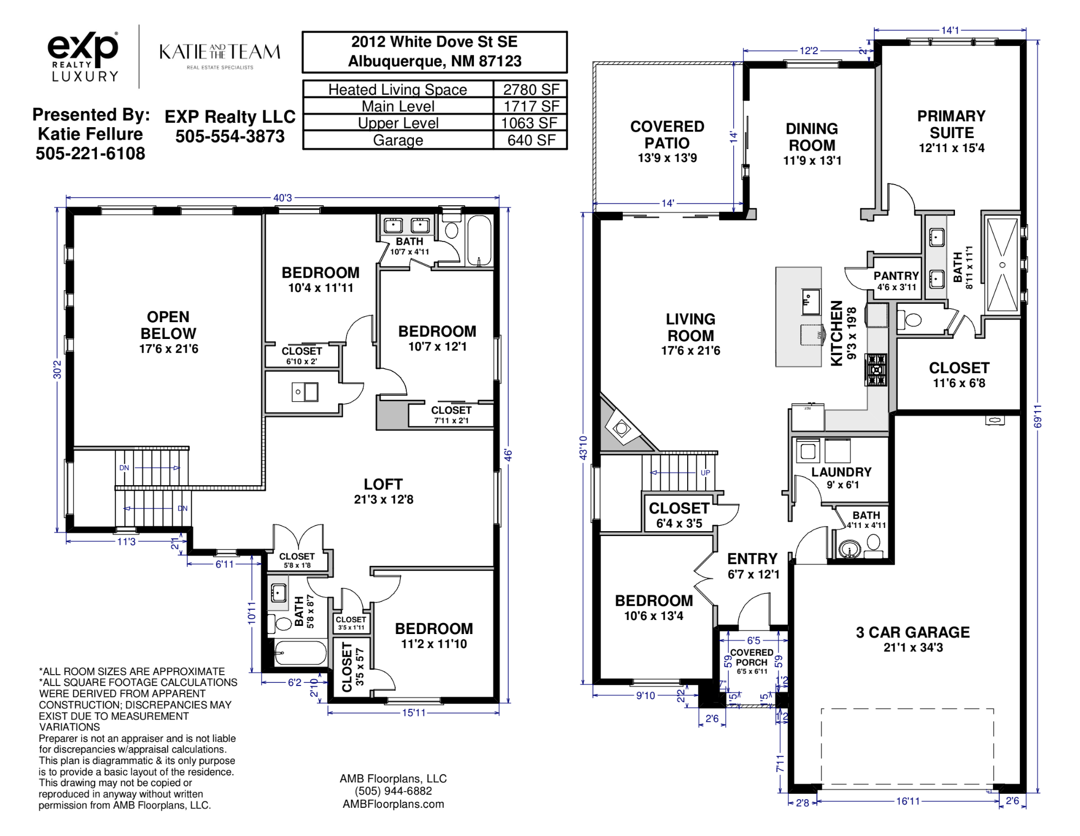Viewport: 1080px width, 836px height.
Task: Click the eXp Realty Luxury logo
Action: pyautogui.click(x=83, y=56)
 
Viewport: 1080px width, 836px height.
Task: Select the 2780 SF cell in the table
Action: pyautogui.click(x=531, y=89)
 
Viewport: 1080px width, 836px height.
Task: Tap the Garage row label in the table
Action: pyautogui.click(x=398, y=140)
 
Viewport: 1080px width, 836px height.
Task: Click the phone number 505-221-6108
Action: pyautogui.click(x=90, y=154)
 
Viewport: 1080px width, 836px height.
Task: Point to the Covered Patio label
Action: pyautogui.click(x=667, y=141)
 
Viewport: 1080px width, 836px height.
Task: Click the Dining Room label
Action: pyautogui.click(x=812, y=144)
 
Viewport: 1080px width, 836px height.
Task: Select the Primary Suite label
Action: pyautogui.click(x=951, y=132)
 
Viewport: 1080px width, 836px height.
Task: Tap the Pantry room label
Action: pyautogui.click(x=896, y=280)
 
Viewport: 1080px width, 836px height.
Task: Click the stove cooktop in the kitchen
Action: pyautogui.click(x=876, y=369)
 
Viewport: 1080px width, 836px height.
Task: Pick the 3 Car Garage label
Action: pyautogui.click(x=913, y=639)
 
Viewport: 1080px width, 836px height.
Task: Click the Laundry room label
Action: pyautogui.click(x=841, y=478)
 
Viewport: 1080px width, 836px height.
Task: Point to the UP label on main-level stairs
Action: pyautogui.click(x=705, y=473)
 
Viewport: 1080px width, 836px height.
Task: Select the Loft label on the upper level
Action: pyautogui.click(x=383, y=491)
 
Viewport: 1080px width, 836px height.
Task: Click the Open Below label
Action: pyautogui.click(x=168, y=332)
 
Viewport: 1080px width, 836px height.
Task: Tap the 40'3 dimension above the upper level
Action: pyautogui.click(x=282, y=198)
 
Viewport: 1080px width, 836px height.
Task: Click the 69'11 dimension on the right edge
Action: pyautogui.click(x=1037, y=416)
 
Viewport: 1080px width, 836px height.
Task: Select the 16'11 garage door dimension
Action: pyautogui.click(x=908, y=801)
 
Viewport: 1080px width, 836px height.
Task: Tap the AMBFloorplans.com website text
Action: pyautogui.click(x=393, y=804)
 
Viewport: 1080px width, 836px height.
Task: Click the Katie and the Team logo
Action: pyautogui.click(x=220, y=56)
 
